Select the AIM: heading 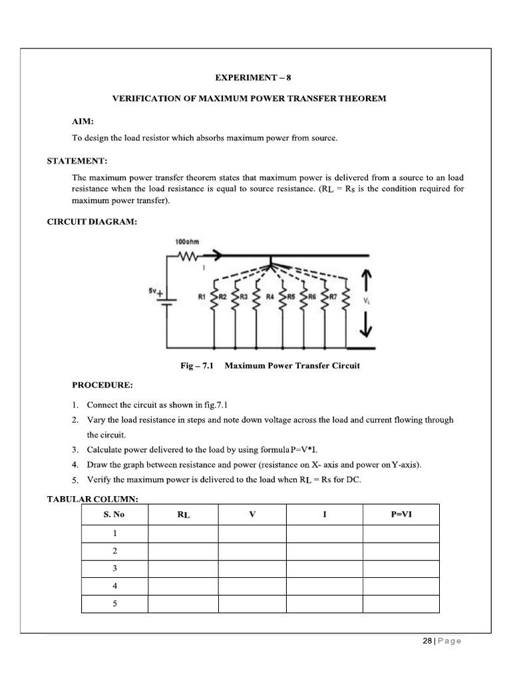(83, 122)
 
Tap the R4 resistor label (270, 297)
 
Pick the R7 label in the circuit (335, 297)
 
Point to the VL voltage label (367, 301)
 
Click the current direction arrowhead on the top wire (216, 254)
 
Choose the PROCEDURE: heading (102, 385)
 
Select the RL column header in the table (184, 515)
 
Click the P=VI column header (401, 514)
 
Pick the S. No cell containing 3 (114, 569)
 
